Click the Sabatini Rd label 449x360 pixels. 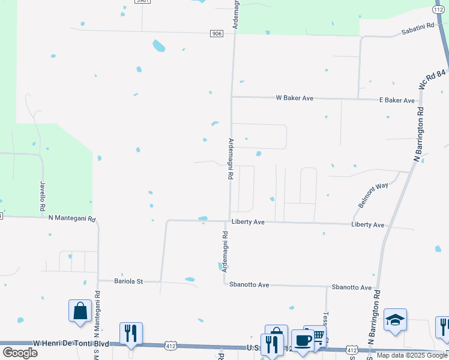pos(417,31)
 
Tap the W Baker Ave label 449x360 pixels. pos(294,97)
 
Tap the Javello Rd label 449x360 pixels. pos(43,196)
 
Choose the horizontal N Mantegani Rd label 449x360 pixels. pos(72,219)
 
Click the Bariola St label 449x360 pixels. pos(128,281)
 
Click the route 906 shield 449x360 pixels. pos(217,34)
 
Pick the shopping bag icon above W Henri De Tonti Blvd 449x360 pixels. pos(80,310)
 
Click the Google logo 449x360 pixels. pos(20,352)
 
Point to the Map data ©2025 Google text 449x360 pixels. pos(412,356)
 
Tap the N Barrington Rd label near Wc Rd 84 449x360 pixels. pos(419,134)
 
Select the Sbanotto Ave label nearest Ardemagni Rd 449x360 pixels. pos(250,285)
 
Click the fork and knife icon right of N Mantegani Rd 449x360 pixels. pos(131,333)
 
